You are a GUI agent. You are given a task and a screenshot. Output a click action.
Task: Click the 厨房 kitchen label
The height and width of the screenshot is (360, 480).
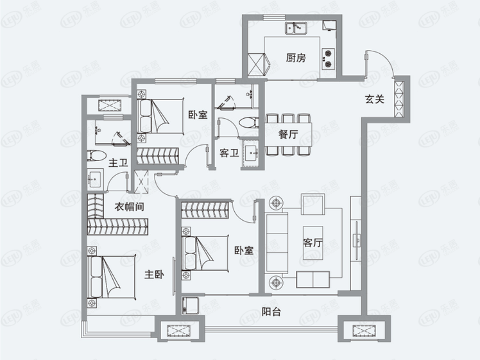click(x=296, y=58)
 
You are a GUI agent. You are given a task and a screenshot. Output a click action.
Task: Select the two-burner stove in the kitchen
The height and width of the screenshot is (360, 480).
click(x=327, y=58)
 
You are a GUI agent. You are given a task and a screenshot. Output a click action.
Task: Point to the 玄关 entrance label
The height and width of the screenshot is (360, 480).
click(x=374, y=99)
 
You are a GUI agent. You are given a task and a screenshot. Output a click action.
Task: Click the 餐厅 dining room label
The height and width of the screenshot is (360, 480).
click(x=288, y=134)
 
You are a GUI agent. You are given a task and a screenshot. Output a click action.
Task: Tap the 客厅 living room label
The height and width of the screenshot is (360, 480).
click(x=313, y=243)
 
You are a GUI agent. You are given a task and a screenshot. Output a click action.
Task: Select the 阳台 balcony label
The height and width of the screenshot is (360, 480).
click(x=271, y=312)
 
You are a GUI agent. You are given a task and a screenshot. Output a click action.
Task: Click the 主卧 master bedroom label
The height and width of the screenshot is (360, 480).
click(x=154, y=274)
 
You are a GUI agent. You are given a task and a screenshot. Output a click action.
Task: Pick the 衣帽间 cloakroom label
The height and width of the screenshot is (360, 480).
click(x=129, y=207)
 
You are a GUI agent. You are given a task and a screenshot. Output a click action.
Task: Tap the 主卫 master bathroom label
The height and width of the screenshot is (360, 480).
click(x=118, y=162)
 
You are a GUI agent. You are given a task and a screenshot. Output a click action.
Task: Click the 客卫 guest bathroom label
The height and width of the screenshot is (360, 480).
click(x=229, y=153)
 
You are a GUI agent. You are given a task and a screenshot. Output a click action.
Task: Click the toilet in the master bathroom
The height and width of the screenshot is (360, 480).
click(x=96, y=155)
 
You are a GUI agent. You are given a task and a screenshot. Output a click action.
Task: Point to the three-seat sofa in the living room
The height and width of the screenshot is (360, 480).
click(x=277, y=243)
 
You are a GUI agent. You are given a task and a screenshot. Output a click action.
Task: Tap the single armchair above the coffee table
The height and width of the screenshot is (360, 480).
click(x=313, y=204)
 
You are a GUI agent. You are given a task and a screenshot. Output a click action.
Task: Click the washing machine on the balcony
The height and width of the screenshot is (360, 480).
click(x=191, y=305)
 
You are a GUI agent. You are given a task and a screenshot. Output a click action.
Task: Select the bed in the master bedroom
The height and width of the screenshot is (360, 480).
click(x=112, y=277)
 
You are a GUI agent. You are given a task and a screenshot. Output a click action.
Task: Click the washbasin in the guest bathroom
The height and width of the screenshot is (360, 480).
click(x=251, y=153)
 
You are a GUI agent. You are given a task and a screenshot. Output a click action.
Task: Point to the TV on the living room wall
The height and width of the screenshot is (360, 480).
click(x=357, y=240)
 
